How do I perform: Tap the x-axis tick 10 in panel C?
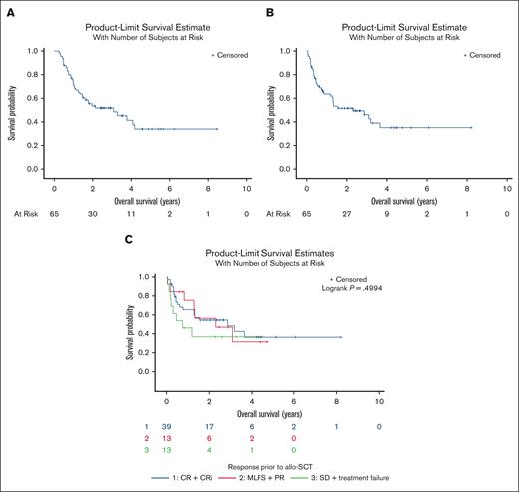[x=379, y=401]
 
